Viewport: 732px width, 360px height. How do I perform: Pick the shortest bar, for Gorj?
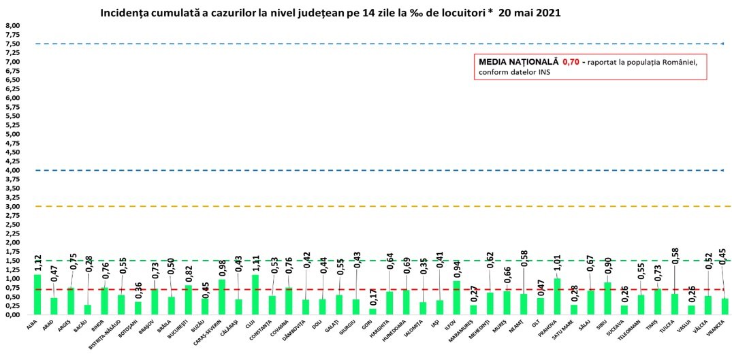click(x=373, y=312)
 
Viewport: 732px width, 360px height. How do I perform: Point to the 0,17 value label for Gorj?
click(x=373, y=298)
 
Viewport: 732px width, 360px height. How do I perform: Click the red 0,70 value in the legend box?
click(x=571, y=62)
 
